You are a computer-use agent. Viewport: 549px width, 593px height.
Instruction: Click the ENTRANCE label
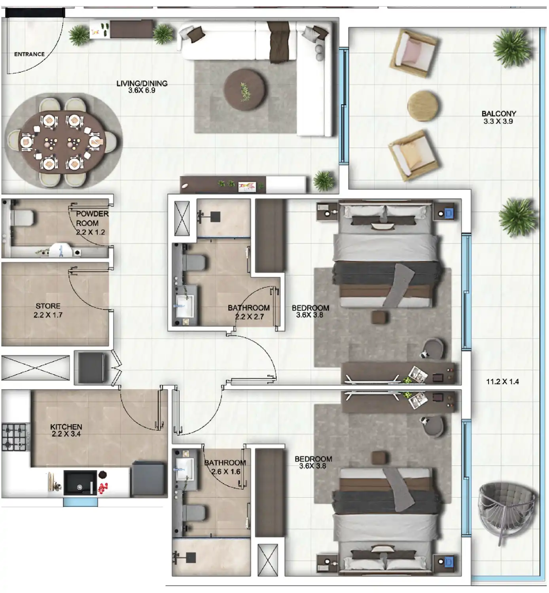tap(29, 54)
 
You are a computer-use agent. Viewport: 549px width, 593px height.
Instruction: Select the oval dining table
tap(62, 142)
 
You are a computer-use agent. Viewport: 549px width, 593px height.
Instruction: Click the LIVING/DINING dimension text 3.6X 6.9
tap(142, 91)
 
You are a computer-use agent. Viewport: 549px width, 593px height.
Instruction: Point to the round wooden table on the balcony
tap(423, 106)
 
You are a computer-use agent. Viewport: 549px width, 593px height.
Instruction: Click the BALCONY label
tap(498, 114)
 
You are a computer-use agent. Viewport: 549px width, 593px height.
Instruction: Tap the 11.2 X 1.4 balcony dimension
tap(502, 381)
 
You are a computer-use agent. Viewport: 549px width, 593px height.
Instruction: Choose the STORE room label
tap(48, 306)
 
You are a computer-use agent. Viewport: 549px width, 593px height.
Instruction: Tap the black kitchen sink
tap(80, 483)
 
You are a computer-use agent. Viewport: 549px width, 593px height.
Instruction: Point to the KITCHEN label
tap(66, 427)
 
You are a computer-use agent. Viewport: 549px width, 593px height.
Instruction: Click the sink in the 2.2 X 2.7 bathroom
tap(184, 306)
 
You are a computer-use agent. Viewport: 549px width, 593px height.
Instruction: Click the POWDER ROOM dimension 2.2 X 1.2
tap(90, 232)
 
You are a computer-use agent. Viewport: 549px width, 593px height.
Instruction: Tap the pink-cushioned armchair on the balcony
tap(414, 53)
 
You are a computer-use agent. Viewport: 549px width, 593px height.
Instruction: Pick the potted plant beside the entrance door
tap(79, 35)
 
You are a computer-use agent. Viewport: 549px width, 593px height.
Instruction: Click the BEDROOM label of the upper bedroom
tap(310, 308)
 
